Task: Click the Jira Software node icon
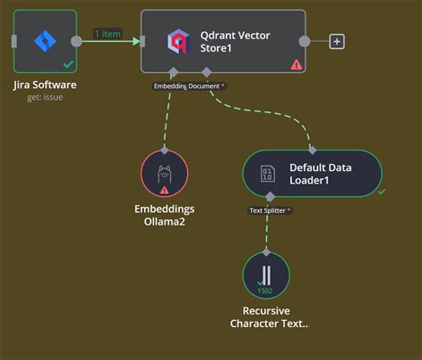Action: [45, 40]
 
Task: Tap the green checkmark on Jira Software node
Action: [68, 65]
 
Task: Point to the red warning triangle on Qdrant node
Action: [296, 64]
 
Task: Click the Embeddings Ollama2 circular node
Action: [165, 173]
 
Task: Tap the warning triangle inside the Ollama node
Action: [165, 190]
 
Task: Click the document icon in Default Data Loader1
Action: [267, 173]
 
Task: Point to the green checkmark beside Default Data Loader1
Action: [381, 191]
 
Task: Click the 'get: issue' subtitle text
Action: [45, 96]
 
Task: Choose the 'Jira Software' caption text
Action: [45, 85]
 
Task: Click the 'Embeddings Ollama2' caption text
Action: [165, 215]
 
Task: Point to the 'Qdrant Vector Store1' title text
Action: [237, 41]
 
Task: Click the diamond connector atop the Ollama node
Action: [165, 150]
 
